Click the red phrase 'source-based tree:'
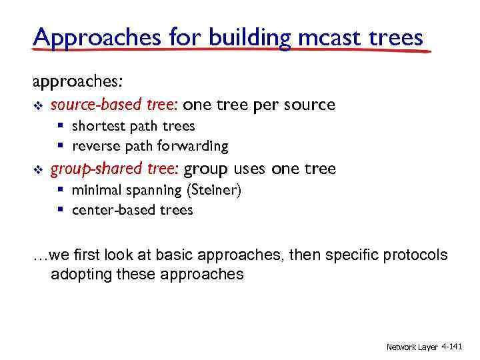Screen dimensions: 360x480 (114, 105)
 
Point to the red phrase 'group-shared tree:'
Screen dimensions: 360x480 (115, 169)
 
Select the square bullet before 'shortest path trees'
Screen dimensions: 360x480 (60, 126)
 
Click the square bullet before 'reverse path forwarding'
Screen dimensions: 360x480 (60, 146)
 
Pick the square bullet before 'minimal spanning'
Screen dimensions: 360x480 (60, 191)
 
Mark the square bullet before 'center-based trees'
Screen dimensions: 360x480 (60, 211)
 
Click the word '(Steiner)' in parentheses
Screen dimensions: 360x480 (214, 190)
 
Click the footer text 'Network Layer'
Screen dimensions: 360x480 (412, 347)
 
